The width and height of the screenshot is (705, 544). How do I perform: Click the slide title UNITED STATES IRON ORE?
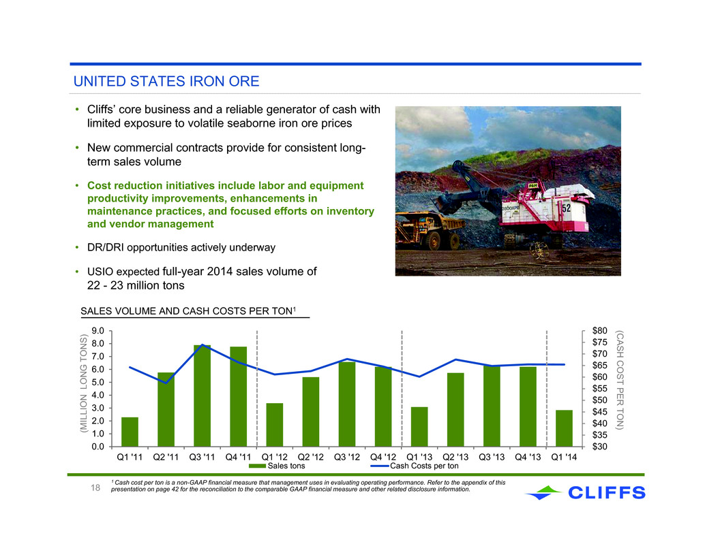(166, 81)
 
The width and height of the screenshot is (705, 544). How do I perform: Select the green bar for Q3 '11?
(202, 396)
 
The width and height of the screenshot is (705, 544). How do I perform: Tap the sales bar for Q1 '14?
(565, 428)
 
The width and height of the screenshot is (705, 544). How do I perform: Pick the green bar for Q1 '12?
(275, 425)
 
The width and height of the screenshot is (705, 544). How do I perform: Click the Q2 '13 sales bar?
(455, 410)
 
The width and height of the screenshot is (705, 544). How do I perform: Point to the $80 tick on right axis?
(600, 331)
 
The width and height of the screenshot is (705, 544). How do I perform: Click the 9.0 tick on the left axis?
(97, 331)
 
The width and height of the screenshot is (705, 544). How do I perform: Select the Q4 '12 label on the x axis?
(383, 457)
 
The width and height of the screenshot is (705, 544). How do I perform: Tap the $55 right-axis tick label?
(600, 389)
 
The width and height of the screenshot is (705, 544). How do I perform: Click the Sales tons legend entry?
(277, 466)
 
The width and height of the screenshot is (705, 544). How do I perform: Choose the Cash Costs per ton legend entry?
(414, 466)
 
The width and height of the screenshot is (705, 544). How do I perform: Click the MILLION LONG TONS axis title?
(83, 384)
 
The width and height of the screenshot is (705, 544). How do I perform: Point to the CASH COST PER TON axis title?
(620, 380)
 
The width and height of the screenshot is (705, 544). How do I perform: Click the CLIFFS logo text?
(607, 493)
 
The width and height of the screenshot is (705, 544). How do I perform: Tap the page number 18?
(95, 488)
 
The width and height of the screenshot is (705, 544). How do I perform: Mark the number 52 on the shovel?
(566, 208)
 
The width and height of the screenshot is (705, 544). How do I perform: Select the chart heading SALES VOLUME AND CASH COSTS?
(187, 311)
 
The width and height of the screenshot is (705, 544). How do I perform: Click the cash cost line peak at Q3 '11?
(202, 345)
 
